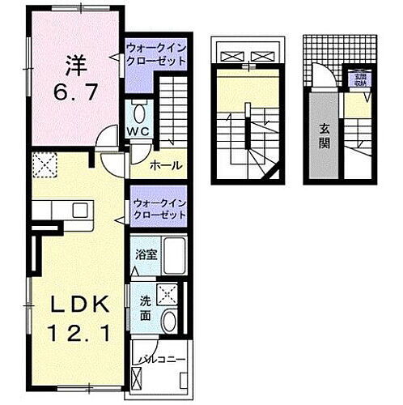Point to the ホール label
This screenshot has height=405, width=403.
(x=167, y=166)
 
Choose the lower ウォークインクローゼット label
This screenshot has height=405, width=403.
(x=159, y=210)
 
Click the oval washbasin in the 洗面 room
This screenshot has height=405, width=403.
(x=169, y=321)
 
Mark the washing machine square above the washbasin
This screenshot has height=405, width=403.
(x=168, y=295)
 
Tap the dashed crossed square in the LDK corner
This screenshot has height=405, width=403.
(x=43, y=166)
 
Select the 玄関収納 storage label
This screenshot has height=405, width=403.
(x=358, y=79)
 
